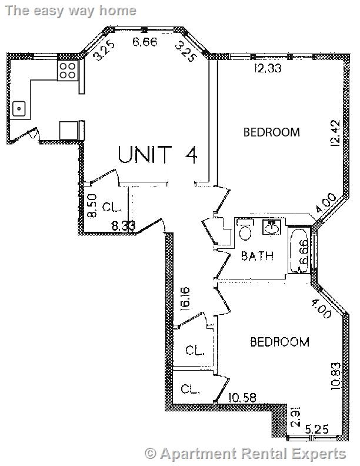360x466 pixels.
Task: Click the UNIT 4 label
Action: click(x=157, y=154)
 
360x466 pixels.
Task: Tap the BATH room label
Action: click(x=258, y=256)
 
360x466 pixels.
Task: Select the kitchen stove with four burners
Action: click(x=67, y=71)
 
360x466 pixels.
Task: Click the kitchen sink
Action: click(x=19, y=108)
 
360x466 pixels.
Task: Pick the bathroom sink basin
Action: click(x=272, y=227)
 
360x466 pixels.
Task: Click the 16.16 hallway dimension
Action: click(x=185, y=298)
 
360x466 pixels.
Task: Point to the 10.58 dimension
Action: click(x=242, y=397)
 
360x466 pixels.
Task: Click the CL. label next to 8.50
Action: click(x=111, y=207)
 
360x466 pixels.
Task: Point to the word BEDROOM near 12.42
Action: click(x=271, y=132)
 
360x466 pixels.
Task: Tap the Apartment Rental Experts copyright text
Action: click(x=245, y=454)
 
